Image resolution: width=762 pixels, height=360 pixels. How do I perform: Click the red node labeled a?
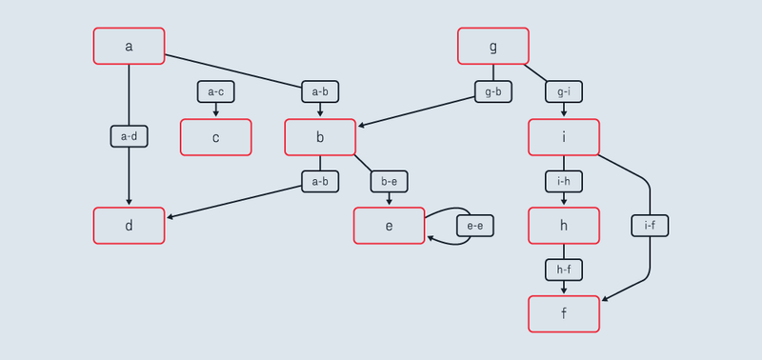tap(129, 46)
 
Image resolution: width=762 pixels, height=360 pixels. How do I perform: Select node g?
tap(492, 46)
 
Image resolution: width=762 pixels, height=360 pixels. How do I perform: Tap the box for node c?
tap(215, 137)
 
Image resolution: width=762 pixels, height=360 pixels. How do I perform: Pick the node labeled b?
tap(320, 137)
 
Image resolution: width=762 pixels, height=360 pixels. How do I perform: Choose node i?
tap(564, 137)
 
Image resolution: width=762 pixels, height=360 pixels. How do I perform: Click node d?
tap(129, 225)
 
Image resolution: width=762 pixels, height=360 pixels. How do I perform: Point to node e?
tap(389, 225)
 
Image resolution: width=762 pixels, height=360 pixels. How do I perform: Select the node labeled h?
tap(564, 225)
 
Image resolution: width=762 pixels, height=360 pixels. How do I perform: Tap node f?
tap(564, 313)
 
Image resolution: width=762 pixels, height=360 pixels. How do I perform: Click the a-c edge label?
tap(215, 91)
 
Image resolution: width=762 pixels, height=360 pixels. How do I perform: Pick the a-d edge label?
tap(129, 136)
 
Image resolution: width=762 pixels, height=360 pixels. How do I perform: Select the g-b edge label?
tap(492, 91)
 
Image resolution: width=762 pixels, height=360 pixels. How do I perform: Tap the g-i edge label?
tap(564, 91)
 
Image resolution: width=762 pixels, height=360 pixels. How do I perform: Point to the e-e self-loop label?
tap(475, 226)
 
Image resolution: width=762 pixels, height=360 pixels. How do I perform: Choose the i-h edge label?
tap(564, 181)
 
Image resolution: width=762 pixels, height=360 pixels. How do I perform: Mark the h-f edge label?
tap(564, 270)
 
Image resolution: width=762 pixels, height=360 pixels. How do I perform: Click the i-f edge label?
tap(650, 226)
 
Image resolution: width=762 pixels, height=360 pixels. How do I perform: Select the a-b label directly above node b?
tap(320, 91)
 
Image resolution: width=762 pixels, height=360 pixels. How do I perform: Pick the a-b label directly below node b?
tap(320, 181)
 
